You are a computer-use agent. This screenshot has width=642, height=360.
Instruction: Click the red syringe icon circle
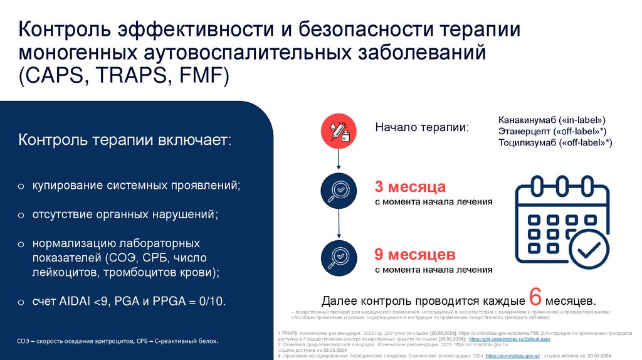pos(339,129)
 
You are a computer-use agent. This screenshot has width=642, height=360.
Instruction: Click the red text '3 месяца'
pos(410,187)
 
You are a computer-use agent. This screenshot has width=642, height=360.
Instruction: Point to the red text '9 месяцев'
pos(414,255)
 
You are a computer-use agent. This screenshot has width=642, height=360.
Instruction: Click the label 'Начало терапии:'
pos(421,127)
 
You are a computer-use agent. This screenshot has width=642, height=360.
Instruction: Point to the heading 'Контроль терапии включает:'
pos(125,139)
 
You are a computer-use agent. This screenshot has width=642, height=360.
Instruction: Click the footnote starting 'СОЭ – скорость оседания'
pos(118,342)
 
